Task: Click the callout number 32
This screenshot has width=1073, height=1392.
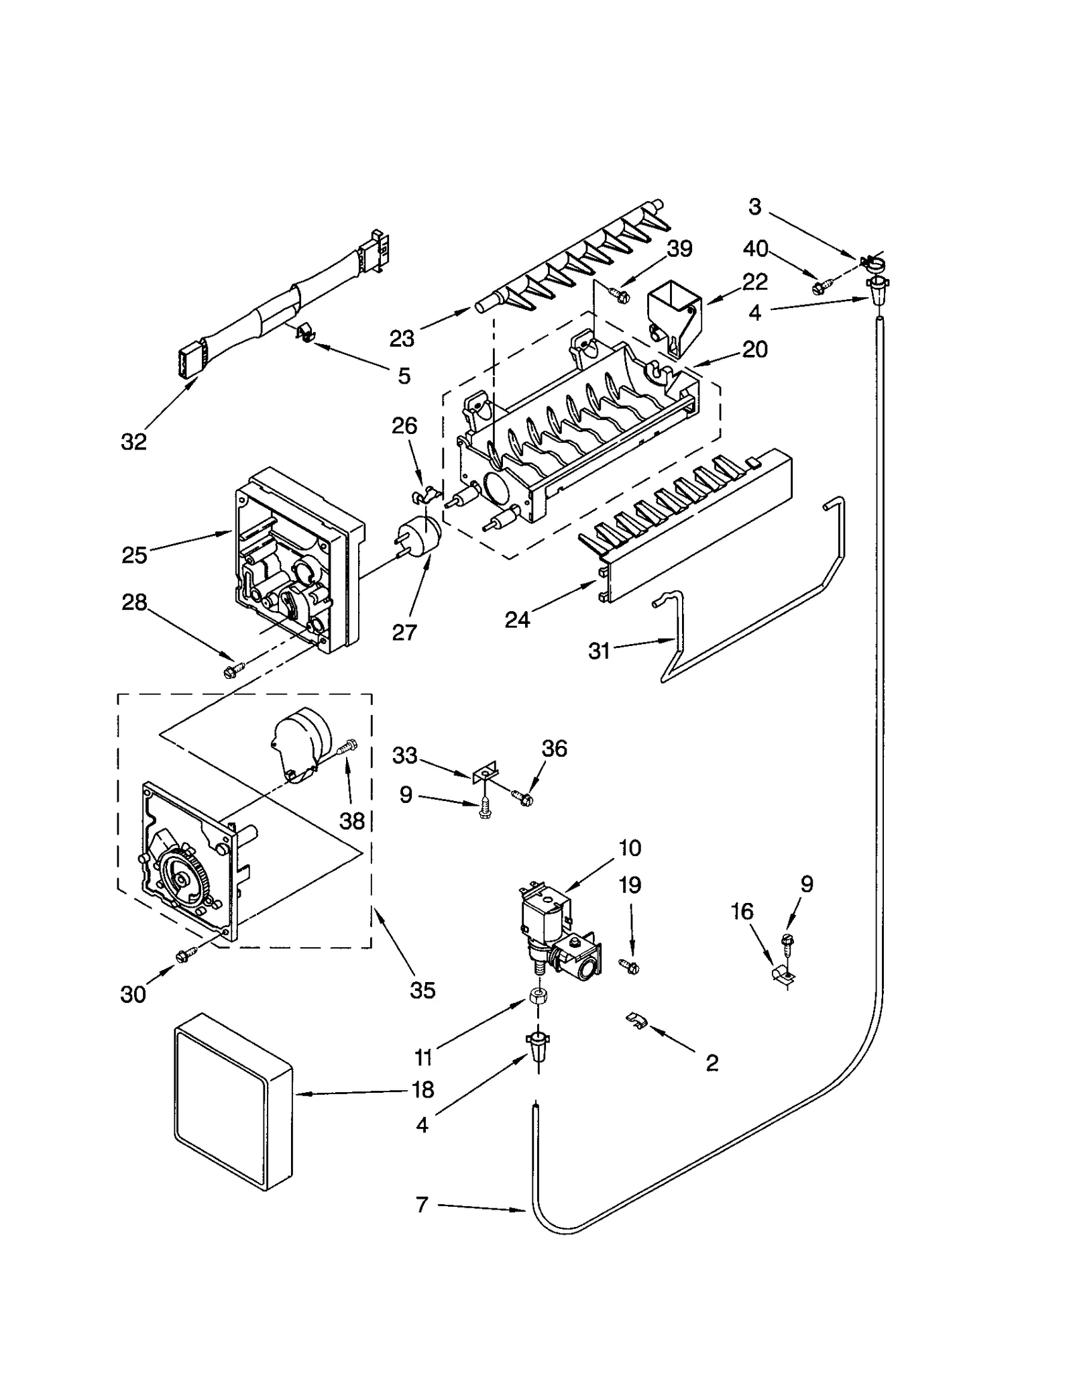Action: click(133, 441)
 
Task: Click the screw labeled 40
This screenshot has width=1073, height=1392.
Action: click(820, 287)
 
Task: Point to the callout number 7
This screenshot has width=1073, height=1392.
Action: click(422, 1205)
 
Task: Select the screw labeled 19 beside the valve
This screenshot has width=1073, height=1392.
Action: click(630, 966)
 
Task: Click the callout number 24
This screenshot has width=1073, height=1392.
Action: click(517, 619)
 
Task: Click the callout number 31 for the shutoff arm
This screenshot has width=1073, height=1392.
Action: click(599, 651)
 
